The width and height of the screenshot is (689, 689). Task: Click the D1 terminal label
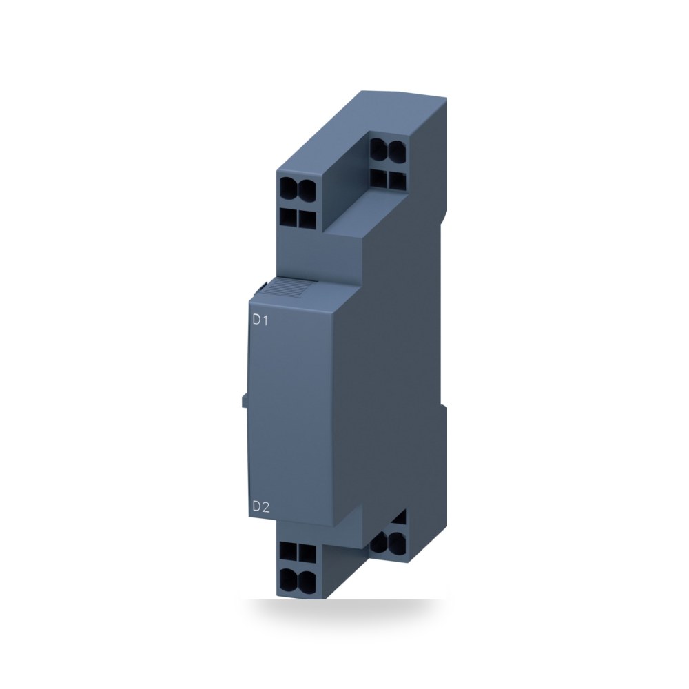click(260, 320)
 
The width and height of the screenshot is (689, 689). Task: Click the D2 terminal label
click(260, 507)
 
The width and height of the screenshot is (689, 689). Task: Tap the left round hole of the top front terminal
click(289, 188)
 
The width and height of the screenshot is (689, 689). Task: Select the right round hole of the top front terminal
click(307, 188)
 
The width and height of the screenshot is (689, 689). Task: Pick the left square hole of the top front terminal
click(288, 218)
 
